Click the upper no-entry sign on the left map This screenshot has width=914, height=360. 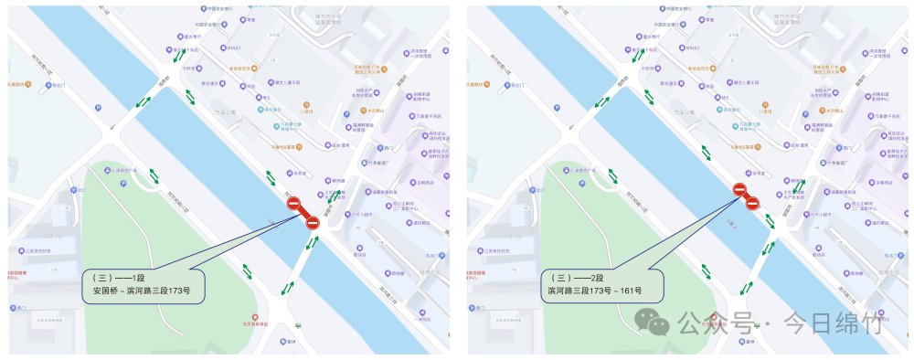294,205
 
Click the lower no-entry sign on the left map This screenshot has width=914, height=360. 313,221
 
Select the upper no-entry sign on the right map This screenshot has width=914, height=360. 739,189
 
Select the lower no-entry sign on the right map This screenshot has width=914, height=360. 753,203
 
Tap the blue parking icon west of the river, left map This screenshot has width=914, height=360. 98,106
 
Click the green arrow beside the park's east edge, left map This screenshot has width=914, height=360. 248,270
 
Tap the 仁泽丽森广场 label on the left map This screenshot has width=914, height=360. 123,171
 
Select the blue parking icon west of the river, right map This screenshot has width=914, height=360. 557,106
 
